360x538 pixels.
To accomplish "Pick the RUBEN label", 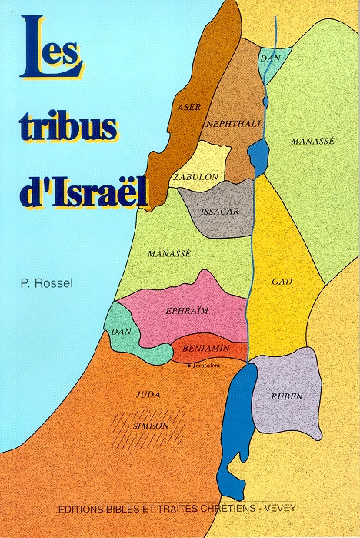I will point(286,396).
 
